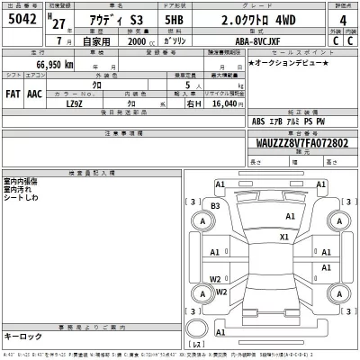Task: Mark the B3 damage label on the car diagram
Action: click(214, 206)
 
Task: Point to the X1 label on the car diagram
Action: click(284, 237)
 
